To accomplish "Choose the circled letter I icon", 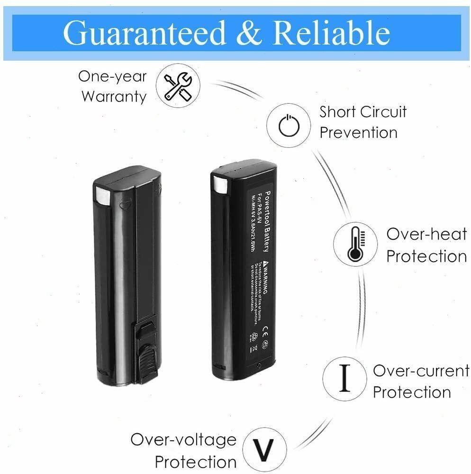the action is [345, 379].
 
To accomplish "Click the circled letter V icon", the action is [264, 448].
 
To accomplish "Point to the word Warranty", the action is [114, 97].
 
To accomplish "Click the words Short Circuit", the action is [362, 112].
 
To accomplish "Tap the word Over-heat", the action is [426, 234].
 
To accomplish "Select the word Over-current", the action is [421, 371].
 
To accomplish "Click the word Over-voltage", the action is [183, 439].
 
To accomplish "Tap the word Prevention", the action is [358, 133].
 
